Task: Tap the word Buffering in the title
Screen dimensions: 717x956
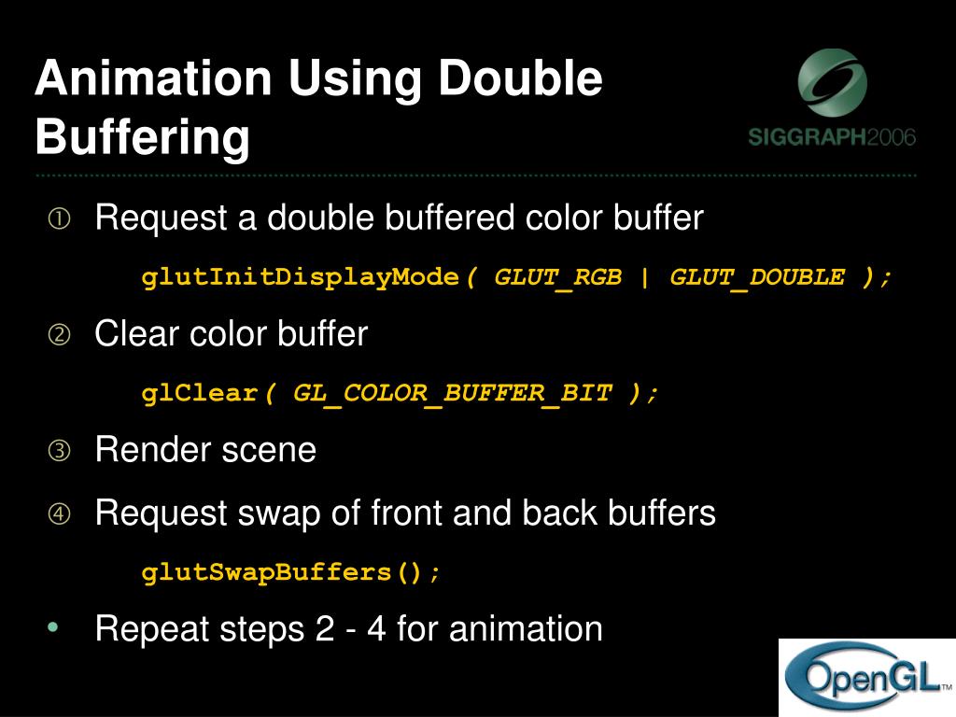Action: pos(143,137)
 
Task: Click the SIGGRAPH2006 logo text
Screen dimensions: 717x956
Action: pos(832,137)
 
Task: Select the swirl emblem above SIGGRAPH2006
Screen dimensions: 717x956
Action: pos(832,83)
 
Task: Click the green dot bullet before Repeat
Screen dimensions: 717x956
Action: pos(53,626)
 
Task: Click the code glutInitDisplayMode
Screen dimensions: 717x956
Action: pos(302,277)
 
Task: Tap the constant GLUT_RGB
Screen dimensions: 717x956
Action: pos(557,277)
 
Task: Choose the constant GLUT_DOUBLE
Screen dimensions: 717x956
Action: pos(757,277)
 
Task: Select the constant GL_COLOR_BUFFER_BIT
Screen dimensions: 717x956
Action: pos(453,393)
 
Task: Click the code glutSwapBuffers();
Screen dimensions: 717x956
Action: pos(290,571)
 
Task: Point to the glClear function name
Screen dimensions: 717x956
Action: pos(200,393)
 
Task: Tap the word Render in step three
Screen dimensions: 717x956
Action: pos(153,451)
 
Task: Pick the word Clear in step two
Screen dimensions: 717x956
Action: pos(136,334)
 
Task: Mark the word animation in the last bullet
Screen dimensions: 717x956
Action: pos(526,628)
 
